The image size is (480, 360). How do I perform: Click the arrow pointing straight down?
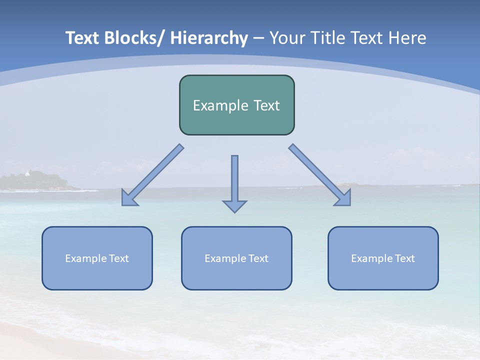coord(234,182)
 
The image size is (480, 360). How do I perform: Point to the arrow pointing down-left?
coord(152,175)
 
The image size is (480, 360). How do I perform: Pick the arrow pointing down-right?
coord(320,175)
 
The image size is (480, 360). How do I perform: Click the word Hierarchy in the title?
coord(209,38)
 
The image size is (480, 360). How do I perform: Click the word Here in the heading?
coord(406,38)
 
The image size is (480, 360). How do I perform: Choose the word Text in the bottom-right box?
coord(404,258)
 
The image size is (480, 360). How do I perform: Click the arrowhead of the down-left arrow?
coord(128,199)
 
